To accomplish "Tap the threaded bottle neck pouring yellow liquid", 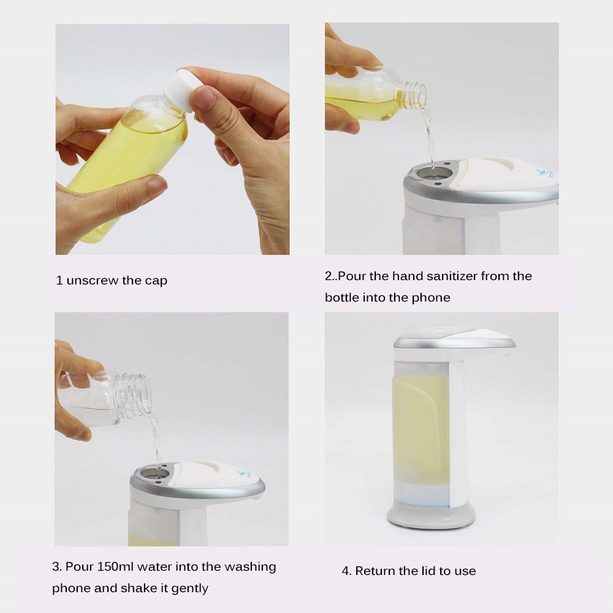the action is click(x=414, y=95).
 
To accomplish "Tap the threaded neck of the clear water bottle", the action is click(x=135, y=394).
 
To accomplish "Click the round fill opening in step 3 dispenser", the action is click(x=156, y=473).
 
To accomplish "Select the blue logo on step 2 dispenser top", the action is click(x=545, y=172).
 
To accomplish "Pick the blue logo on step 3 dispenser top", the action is click(x=244, y=474).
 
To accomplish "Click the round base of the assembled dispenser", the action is click(x=431, y=517).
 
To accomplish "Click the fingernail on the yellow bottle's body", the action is click(x=158, y=186).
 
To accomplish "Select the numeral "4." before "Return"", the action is click(x=346, y=571).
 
